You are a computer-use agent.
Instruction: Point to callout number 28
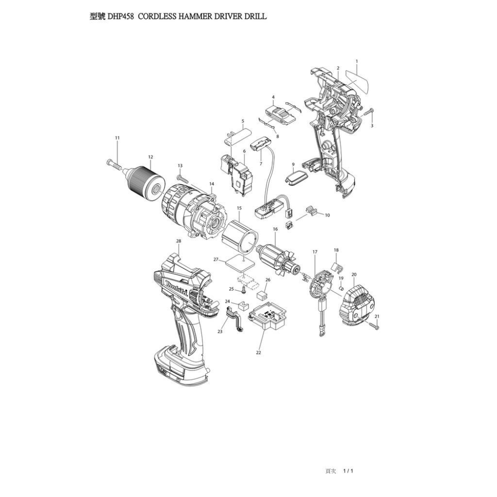(x=178, y=241)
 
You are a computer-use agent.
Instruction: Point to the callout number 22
(x=258, y=352)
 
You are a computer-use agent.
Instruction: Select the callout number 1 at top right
(x=357, y=61)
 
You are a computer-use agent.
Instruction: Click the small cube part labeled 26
(x=262, y=294)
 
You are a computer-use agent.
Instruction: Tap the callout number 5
(x=243, y=121)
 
